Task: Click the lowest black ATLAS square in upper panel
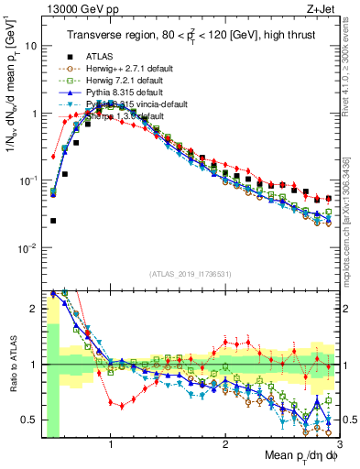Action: click(x=54, y=221)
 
